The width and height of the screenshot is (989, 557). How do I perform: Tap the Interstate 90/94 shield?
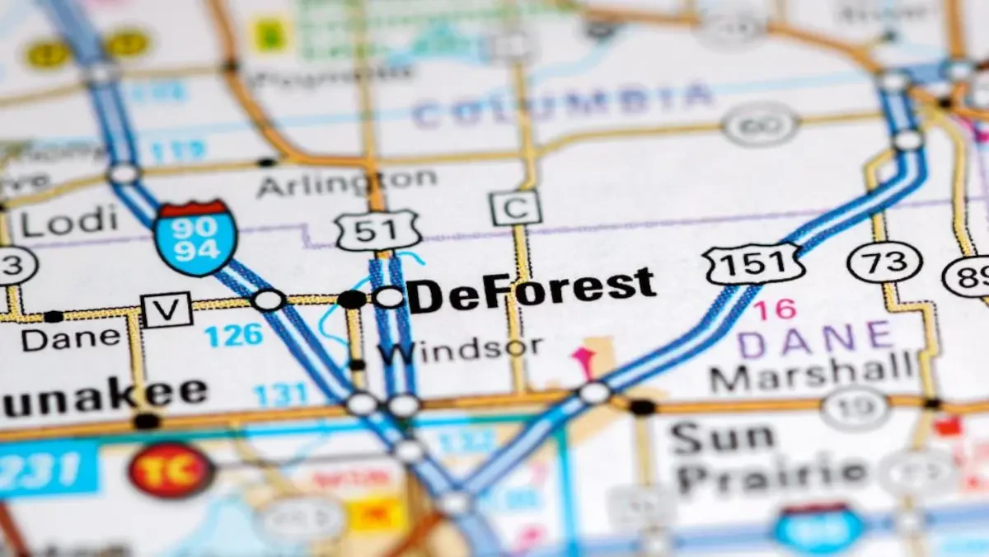click(196, 237)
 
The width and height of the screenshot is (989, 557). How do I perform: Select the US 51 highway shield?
click(378, 231)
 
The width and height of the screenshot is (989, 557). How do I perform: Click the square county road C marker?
click(515, 207)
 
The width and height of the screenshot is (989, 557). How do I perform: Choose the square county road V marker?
click(166, 309)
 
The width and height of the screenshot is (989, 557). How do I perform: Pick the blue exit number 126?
click(233, 335)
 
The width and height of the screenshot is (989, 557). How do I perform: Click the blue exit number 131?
click(281, 394)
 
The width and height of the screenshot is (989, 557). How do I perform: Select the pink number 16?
click(775, 309)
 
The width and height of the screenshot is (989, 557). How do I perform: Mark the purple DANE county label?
click(816, 338)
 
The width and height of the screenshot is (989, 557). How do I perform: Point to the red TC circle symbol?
click(171, 470)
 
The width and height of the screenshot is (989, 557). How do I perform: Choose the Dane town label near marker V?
click(70, 337)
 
